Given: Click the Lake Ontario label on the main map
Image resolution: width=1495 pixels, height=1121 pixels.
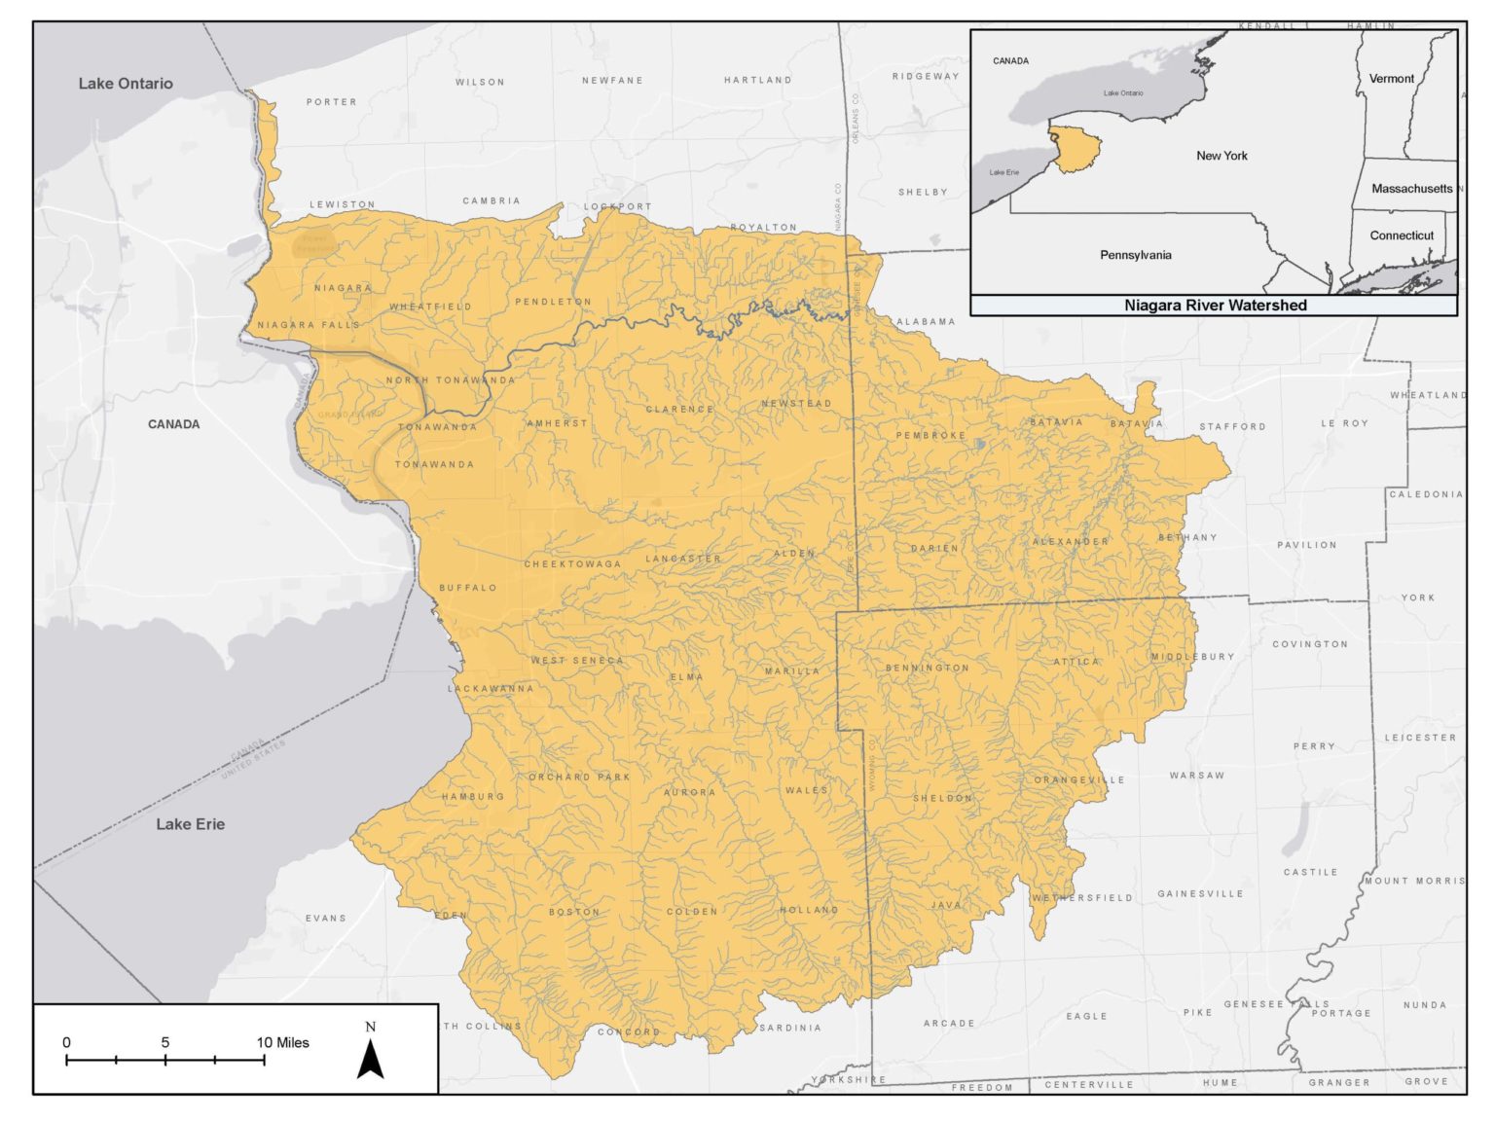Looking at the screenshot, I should (x=126, y=84).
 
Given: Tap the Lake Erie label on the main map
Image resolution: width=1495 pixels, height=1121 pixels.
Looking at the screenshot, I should (x=190, y=824).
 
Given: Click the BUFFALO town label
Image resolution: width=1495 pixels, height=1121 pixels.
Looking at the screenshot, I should (x=468, y=588).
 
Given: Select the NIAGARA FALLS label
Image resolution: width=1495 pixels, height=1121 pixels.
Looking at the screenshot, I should (x=309, y=325).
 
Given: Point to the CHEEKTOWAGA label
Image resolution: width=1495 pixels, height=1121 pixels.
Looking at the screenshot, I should (x=572, y=564).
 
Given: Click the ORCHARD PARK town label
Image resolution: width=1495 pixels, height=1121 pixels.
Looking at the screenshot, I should (x=579, y=777).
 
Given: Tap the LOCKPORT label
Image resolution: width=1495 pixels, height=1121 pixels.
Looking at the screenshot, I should (x=617, y=206).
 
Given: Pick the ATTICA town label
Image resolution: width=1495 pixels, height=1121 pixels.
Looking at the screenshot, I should (x=1076, y=662).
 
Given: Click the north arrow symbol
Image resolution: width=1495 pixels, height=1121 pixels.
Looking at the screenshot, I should (x=370, y=1055).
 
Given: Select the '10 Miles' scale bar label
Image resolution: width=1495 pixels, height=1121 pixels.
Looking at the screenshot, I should (x=283, y=1042).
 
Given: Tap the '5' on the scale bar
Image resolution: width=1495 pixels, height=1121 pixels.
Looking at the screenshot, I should (x=165, y=1042).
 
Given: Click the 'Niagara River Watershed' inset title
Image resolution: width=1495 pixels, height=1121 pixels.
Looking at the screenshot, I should (x=1215, y=306).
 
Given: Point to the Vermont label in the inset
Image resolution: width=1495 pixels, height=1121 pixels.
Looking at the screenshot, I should (x=1391, y=79).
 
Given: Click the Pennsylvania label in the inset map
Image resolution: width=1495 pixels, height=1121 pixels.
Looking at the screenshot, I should (x=1135, y=255).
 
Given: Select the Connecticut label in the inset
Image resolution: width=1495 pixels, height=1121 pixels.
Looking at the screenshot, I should (x=1401, y=235).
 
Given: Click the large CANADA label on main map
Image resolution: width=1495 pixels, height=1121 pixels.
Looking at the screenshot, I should (x=173, y=424).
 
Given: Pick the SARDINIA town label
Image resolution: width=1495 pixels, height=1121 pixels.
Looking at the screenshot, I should (x=789, y=1028).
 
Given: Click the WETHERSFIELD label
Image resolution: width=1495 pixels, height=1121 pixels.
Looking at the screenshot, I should (x=1082, y=898).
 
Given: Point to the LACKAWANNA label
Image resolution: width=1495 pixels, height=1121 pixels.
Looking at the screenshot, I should (x=491, y=689).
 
